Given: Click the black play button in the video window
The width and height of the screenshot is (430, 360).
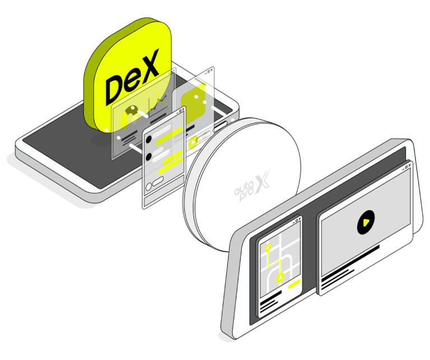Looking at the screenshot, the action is (366, 222).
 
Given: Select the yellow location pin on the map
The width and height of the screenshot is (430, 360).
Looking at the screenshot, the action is (268, 248).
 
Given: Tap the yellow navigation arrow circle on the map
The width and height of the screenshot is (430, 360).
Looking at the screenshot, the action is (280, 278).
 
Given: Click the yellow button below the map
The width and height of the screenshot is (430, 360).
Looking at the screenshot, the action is (294, 284).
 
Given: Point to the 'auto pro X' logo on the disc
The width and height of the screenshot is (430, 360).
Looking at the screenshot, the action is (252, 186).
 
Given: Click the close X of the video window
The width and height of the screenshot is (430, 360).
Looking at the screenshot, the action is (409, 165).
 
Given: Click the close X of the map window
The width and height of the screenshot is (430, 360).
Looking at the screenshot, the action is (299, 219).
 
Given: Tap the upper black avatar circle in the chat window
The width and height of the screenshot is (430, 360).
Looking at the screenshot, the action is (148, 139).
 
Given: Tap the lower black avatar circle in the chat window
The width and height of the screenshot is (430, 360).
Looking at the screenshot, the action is (148, 157).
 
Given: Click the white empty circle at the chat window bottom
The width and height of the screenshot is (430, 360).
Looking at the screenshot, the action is (148, 187).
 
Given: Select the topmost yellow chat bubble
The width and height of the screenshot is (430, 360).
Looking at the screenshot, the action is (169, 135).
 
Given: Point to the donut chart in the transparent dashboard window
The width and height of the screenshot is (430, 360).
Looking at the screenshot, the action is (130, 116).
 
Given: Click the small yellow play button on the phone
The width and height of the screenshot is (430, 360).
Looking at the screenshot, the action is (194, 142).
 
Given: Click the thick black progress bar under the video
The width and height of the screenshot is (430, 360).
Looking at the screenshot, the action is (350, 262).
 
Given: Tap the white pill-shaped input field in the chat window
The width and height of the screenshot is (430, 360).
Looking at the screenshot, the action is (158, 181).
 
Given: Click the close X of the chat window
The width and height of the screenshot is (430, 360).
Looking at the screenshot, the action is (183, 109).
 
